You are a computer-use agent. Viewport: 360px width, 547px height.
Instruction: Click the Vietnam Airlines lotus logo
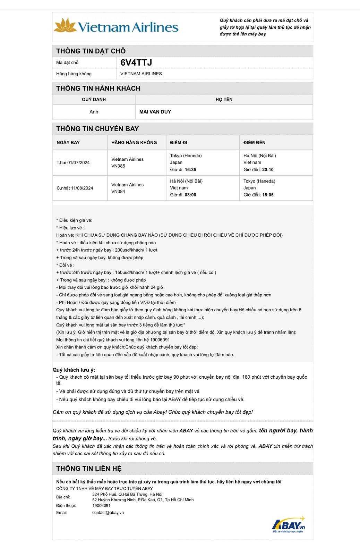click(x=65, y=25)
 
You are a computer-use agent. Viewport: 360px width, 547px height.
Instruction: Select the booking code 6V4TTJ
click(x=136, y=62)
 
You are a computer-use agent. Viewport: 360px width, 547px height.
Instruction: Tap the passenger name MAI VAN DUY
click(x=155, y=112)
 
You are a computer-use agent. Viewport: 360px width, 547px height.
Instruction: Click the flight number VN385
click(x=118, y=166)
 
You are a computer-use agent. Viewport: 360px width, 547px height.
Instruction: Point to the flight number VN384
click(x=118, y=191)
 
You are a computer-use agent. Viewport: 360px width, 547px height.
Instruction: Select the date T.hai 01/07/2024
click(x=73, y=162)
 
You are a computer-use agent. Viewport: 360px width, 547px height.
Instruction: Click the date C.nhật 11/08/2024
click(x=75, y=188)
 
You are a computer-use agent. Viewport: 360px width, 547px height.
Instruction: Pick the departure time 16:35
click(x=190, y=170)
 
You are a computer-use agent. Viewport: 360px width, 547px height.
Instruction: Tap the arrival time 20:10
click(x=268, y=170)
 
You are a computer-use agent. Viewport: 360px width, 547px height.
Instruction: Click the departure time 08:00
click(x=190, y=195)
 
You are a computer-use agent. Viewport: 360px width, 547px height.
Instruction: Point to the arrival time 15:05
click(x=268, y=195)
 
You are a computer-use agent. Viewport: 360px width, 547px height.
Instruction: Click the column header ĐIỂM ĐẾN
click(x=254, y=143)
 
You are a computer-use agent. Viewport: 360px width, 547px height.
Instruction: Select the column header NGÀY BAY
click(x=68, y=143)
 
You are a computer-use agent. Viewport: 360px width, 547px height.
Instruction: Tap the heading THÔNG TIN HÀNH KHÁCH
click(x=98, y=89)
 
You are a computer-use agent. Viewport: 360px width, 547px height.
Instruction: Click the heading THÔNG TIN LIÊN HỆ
click(x=89, y=469)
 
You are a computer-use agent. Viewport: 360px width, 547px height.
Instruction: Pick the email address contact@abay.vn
click(x=108, y=513)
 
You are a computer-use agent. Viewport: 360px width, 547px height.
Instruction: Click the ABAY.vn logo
click(x=288, y=524)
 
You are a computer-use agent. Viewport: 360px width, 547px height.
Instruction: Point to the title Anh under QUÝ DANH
click(x=94, y=112)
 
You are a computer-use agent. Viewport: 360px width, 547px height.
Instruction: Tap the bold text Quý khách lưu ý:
click(x=74, y=370)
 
